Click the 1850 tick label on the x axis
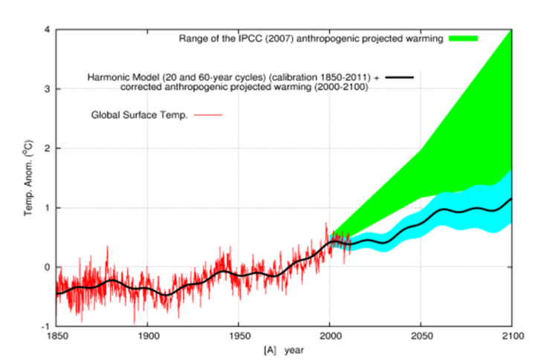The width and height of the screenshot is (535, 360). [x=56, y=336]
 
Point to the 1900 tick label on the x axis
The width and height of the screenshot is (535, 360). [x=147, y=336]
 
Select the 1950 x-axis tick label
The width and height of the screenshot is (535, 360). [x=239, y=336]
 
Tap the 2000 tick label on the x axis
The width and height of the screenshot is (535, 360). [x=330, y=336]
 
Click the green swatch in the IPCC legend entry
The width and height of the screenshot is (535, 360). [x=462, y=38]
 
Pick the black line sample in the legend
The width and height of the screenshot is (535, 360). [x=399, y=76]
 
